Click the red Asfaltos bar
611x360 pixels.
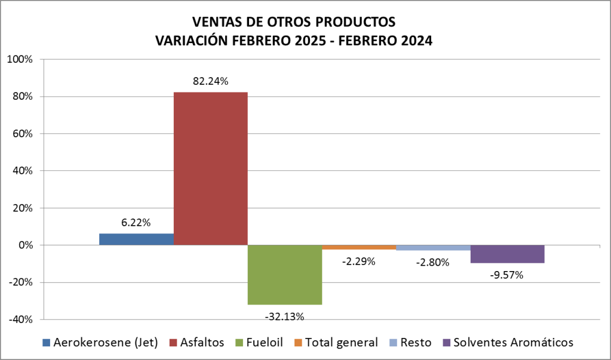(x=210, y=168)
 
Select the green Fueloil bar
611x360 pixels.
(x=285, y=275)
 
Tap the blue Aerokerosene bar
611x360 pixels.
(x=136, y=239)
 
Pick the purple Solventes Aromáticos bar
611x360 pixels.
(x=507, y=254)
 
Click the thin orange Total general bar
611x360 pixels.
(x=359, y=247)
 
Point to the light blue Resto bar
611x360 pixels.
(x=433, y=248)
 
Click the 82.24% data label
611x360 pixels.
(x=210, y=82)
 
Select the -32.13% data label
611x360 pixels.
(x=284, y=315)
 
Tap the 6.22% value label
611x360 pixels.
(x=136, y=223)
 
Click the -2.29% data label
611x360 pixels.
(x=359, y=261)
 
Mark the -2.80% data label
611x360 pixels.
(x=433, y=261)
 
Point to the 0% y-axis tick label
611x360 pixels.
(x=24, y=245)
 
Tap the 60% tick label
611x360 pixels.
(x=22, y=134)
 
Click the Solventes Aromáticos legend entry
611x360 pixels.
(x=513, y=343)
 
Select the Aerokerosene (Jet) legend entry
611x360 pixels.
(x=105, y=343)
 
